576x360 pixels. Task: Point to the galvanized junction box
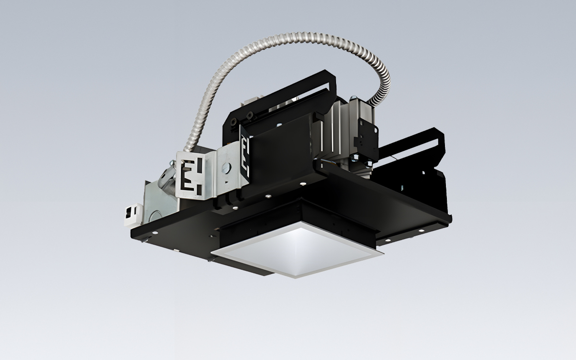[x=158, y=202]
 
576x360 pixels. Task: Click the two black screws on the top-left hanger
[x=245, y=115]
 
